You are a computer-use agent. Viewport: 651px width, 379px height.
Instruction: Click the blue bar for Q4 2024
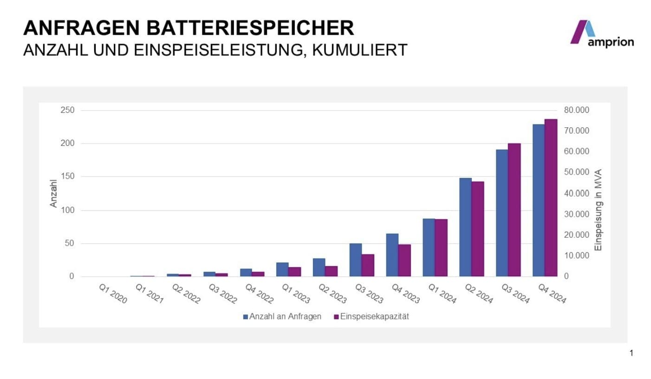point(539,200)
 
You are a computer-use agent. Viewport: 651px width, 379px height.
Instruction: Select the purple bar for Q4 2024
point(551,198)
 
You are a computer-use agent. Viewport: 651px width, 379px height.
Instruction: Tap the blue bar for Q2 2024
point(465,227)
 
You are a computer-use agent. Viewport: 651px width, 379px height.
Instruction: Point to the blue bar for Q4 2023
point(392,255)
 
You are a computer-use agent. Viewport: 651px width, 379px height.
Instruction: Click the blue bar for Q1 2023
point(282,269)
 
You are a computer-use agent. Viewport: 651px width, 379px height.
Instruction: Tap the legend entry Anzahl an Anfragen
point(282,317)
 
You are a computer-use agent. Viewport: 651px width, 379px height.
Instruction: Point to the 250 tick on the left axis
point(68,110)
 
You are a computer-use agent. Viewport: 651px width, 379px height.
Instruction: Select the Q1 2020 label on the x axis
point(113,294)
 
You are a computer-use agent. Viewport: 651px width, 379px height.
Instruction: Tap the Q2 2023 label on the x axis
point(332,294)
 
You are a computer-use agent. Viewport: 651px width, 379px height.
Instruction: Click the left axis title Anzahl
point(53,193)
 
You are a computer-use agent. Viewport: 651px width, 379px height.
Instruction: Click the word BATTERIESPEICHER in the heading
point(248,28)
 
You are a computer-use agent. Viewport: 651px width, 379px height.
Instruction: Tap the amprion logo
point(601,34)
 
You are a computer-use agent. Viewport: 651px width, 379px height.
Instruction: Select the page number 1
point(631,353)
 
